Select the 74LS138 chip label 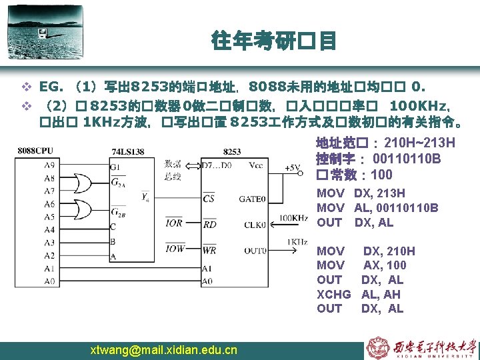[129, 151]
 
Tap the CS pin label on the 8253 [209, 198]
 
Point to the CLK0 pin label [253, 224]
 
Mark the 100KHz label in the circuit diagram [293, 217]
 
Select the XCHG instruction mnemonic [333, 294]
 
